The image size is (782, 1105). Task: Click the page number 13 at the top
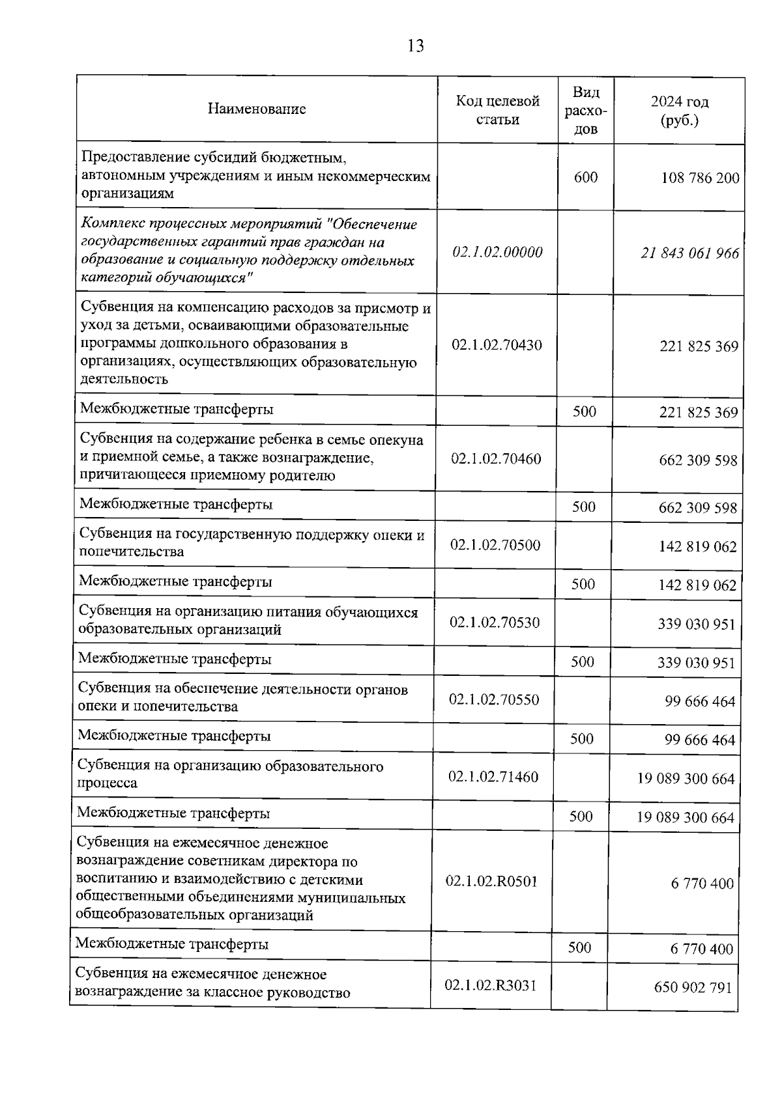(x=415, y=46)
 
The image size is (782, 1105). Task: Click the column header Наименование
(x=257, y=109)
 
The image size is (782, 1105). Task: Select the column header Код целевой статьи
(x=497, y=110)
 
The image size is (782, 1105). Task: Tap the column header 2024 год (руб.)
(x=679, y=111)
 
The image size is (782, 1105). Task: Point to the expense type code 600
(x=585, y=177)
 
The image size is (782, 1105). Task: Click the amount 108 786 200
(x=700, y=178)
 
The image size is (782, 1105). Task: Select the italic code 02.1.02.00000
(x=497, y=252)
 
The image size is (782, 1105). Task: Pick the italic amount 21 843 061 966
(x=689, y=253)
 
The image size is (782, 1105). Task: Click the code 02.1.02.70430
(x=497, y=345)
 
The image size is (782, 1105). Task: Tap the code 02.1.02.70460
(x=496, y=458)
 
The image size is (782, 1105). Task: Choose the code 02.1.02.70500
(x=495, y=545)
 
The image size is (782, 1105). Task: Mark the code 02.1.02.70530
(x=495, y=622)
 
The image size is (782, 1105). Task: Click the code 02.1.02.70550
(x=494, y=699)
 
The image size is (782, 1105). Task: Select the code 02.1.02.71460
(x=493, y=776)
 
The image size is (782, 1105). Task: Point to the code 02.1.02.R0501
(x=491, y=881)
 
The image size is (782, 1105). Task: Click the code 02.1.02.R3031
(x=490, y=985)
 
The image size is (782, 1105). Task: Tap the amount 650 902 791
(x=693, y=987)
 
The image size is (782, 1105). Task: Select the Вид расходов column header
(x=585, y=110)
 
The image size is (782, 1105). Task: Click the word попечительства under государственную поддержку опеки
(x=131, y=552)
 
